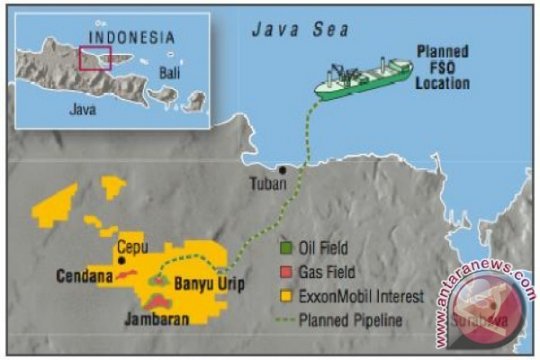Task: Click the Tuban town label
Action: click(267, 183)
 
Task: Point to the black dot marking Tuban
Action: click(283, 170)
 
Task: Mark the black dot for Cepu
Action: click(122, 260)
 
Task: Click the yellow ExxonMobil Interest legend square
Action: click(286, 296)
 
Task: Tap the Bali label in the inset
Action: click(171, 73)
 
